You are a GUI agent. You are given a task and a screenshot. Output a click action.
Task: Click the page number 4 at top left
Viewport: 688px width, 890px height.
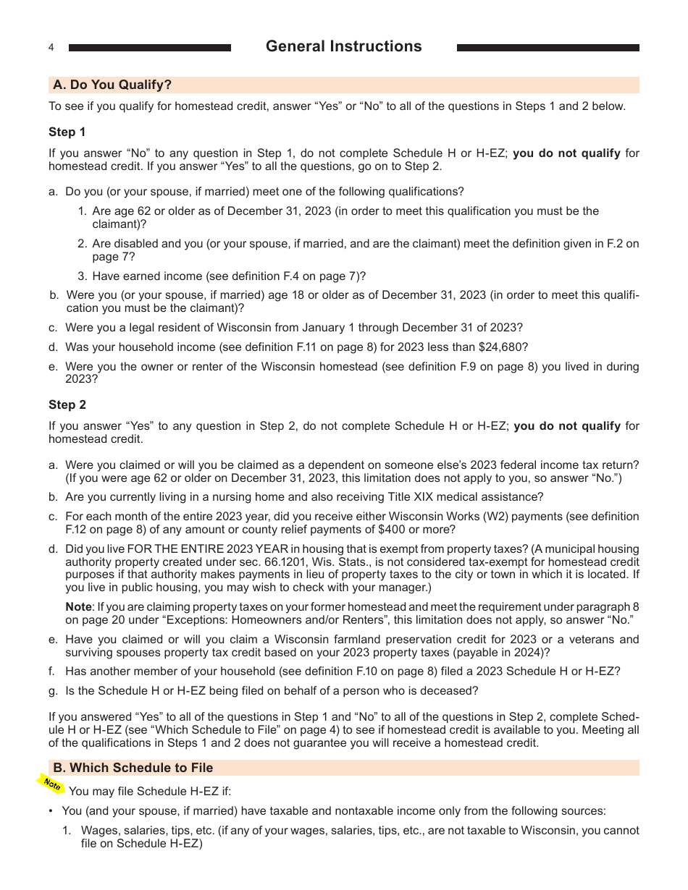tap(51, 48)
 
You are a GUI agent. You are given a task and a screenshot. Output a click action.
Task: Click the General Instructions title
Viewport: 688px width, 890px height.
tap(343, 46)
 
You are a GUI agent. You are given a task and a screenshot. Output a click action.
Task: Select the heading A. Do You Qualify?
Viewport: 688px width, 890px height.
tap(112, 85)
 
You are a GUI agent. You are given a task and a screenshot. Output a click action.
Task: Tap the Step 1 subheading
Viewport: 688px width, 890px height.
tap(67, 132)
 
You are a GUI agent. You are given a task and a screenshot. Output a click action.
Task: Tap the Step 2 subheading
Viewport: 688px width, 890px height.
tap(67, 404)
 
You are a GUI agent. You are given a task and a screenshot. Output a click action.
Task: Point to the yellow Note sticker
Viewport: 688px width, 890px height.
tap(51, 784)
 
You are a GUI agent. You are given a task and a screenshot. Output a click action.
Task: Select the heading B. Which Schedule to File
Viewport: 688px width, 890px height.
tap(133, 768)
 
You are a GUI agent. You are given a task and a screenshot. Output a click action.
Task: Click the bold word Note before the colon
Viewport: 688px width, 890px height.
tap(78, 607)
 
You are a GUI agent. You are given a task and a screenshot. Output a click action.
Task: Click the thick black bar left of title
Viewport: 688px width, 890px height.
tap(149, 48)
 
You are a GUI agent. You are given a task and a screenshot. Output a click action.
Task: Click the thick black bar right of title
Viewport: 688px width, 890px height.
tap(548, 48)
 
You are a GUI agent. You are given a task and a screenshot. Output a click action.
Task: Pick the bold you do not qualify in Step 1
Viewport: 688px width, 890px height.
tap(566, 153)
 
